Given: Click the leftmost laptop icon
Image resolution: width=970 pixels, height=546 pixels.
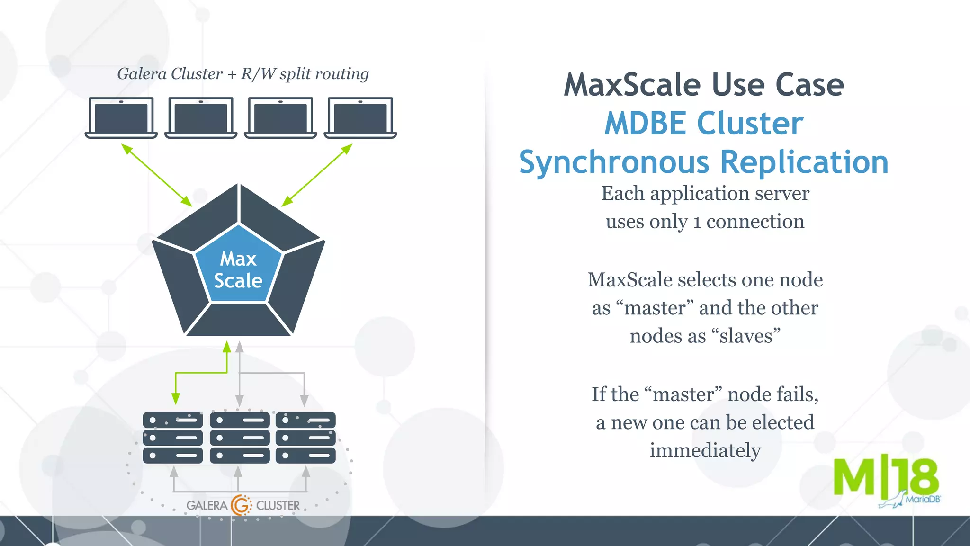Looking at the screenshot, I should [x=121, y=117].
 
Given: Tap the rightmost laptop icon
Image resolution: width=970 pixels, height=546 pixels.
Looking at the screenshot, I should [x=360, y=117].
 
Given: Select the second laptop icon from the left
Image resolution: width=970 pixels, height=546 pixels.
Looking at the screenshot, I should [x=201, y=117].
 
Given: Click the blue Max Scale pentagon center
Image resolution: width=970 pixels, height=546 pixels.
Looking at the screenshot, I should [x=238, y=269].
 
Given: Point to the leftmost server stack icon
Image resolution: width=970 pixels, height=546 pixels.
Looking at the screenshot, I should [x=173, y=438].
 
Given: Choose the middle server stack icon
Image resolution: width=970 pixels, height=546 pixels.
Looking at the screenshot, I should [x=240, y=438].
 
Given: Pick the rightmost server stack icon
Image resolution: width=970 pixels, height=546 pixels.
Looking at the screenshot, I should [x=305, y=438].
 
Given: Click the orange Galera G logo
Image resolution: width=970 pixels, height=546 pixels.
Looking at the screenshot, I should [x=242, y=505].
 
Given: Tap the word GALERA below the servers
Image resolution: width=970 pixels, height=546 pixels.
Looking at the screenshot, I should [x=207, y=505].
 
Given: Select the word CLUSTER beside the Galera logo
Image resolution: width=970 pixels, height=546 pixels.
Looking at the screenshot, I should [x=278, y=505].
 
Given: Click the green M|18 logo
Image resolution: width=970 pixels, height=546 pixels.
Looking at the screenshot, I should [x=886, y=478].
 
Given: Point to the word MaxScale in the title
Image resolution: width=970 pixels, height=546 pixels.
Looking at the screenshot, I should [x=632, y=85].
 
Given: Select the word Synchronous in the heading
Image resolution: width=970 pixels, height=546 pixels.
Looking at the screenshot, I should [x=614, y=162].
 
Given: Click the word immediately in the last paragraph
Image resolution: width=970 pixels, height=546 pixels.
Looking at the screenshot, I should [x=705, y=450].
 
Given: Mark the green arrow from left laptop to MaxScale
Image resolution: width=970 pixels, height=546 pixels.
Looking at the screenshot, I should [x=157, y=175].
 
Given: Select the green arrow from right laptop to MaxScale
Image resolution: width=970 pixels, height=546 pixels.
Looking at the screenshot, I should [x=317, y=175].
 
